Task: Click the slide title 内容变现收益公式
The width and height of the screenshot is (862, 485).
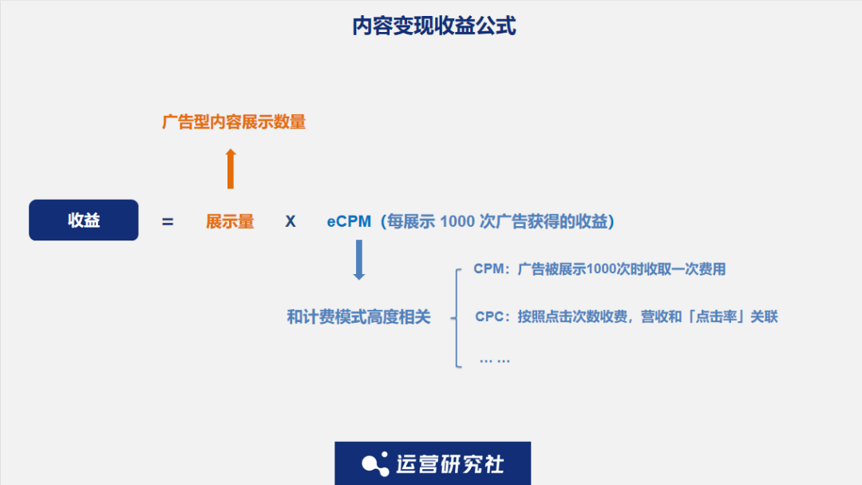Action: (x=434, y=26)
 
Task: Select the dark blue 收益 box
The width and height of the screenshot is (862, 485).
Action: (x=84, y=221)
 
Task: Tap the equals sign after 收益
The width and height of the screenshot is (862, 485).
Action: (x=168, y=222)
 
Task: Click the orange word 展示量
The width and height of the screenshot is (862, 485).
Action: (x=230, y=222)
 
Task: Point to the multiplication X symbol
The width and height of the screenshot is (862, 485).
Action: (x=291, y=222)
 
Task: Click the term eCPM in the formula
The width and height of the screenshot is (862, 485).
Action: (x=349, y=222)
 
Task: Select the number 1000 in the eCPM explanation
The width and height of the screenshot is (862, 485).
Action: (x=457, y=222)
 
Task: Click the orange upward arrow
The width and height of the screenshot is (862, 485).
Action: (x=231, y=168)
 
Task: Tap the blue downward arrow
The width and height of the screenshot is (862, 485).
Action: (x=359, y=259)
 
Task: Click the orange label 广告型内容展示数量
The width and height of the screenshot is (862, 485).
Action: (x=234, y=122)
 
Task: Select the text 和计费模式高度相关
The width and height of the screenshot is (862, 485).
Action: (x=358, y=317)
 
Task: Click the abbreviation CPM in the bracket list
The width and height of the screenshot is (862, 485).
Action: (x=489, y=269)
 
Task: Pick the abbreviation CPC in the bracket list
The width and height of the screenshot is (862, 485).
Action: (x=491, y=317)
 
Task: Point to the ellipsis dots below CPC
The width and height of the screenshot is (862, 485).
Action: (x=494, y=360)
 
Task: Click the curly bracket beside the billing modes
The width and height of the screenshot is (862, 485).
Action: (x=457, y=317)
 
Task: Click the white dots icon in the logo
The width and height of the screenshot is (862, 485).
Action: (x=375, y=464)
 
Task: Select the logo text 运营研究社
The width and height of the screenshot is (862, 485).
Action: (x=450, y=464)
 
